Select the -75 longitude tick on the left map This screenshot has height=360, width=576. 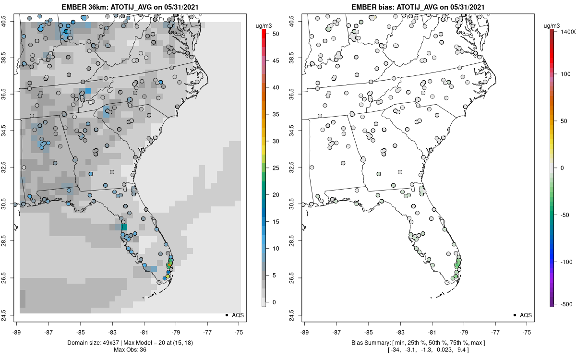[x=239, y=331]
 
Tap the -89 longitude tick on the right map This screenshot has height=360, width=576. [x=304, y=331]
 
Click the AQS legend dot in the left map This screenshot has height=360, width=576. [x=226, y=315]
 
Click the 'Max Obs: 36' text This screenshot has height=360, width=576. [x=130, y=349]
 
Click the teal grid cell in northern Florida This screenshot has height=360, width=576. [x=124, y=227]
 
